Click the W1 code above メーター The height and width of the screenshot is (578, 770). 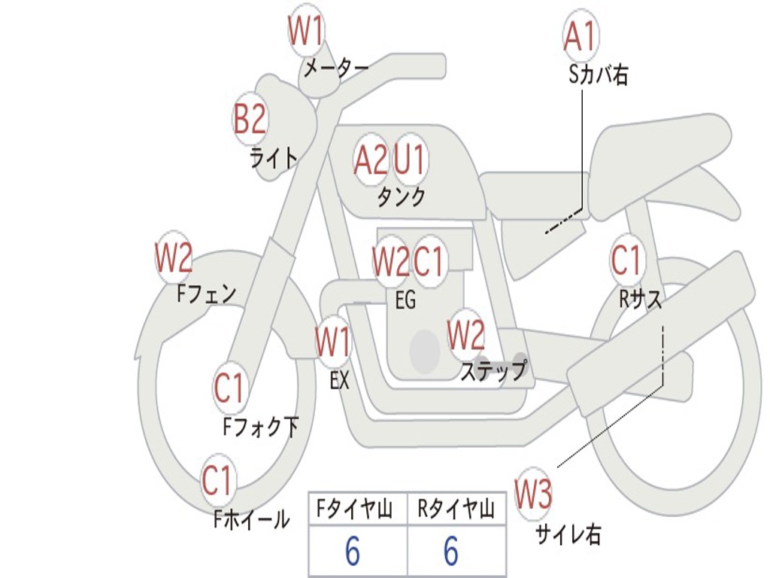tap(305, 31)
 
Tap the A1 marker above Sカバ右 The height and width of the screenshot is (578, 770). tap(581, 36)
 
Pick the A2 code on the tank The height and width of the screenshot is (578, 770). tap(370, 160)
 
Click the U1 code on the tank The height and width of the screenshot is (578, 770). tap(409, 160)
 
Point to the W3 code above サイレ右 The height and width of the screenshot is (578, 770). tap(533, 493)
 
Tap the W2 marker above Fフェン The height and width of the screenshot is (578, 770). tap(174, 257)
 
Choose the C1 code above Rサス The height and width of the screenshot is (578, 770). tap(626, 260)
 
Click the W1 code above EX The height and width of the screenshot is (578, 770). tap(333, 342)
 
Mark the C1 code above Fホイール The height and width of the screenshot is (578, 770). tap(217, 480)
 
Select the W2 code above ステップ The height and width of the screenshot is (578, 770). tap(466, 335)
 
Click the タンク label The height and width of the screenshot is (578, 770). tap(402, 197)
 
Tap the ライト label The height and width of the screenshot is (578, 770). tap(274, 158)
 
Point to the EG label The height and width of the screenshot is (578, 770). tap(405, 300)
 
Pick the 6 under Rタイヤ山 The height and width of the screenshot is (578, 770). tap(451, 551)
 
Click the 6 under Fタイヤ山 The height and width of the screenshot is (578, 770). tap(353, 551)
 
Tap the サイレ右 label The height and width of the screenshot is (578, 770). tap(568, 534)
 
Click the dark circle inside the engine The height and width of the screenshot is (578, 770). tap(425, 351)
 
